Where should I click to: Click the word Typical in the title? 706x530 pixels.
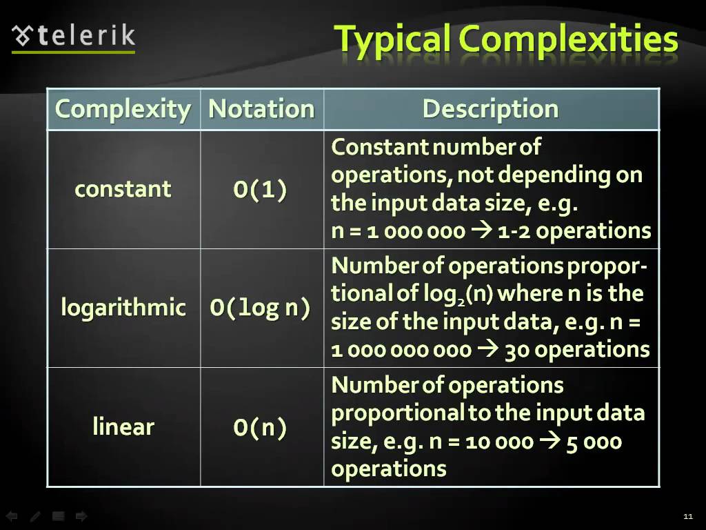coord(392,39)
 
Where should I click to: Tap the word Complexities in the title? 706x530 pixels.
coord(568,39)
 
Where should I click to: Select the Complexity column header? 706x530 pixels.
coord(123,109)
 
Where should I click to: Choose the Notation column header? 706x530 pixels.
coord(261,108)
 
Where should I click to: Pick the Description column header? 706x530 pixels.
coord(491,110)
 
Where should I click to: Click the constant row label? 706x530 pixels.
coord(123,189)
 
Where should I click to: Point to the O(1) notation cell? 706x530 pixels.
coord(260,189)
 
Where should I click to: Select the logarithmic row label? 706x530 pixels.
coord(123,308)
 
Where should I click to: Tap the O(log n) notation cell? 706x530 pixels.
coord(260,308)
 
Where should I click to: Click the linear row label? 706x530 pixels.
coord(123,426)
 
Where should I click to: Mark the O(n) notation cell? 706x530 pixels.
coord(260,427)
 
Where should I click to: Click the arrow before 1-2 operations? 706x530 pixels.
coord(481,230)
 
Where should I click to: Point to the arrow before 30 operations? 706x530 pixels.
coord(487,349)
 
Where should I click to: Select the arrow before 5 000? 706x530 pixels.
coord(549,441)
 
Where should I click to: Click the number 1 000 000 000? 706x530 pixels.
coord(401,350)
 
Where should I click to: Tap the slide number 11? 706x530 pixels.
coord(688,516)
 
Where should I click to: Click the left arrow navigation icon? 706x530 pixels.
coord(12,516)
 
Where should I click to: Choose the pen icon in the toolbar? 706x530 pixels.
coord(35,516)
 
